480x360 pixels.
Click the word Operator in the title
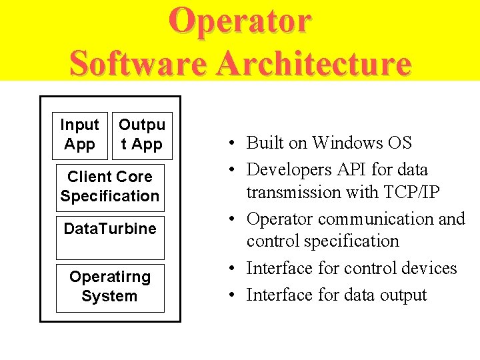(239, 20)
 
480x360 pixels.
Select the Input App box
(79, 135)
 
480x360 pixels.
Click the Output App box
(142, 135)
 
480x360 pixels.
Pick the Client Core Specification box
(110, 187)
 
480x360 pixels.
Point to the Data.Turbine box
(110, 237)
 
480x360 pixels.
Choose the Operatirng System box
(110, 287)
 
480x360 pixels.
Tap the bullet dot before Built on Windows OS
(229, 143)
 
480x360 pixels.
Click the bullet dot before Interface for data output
(229, 295)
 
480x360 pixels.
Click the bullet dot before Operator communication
(229, 219)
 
